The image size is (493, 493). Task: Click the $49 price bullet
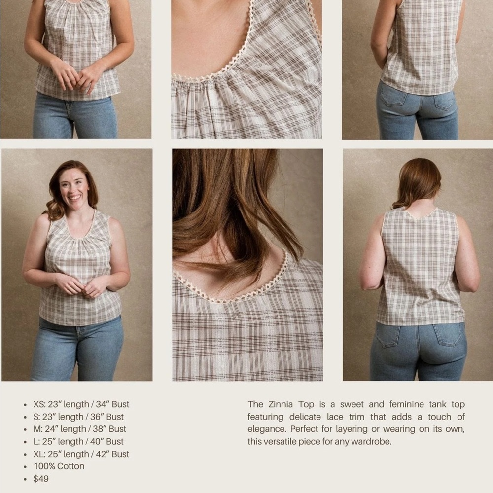pos(41,479)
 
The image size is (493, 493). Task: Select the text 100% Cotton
pos(59,466)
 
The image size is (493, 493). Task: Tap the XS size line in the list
pos(81,404)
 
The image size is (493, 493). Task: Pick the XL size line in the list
pos(81,454)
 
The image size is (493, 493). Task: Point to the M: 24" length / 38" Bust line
pos(79,429)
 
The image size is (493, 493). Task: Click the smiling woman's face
pos(74,186)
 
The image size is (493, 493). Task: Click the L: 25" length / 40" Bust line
pos(78,442)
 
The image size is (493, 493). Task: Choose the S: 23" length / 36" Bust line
pos(78,417)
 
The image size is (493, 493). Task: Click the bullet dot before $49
pos(25,479)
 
